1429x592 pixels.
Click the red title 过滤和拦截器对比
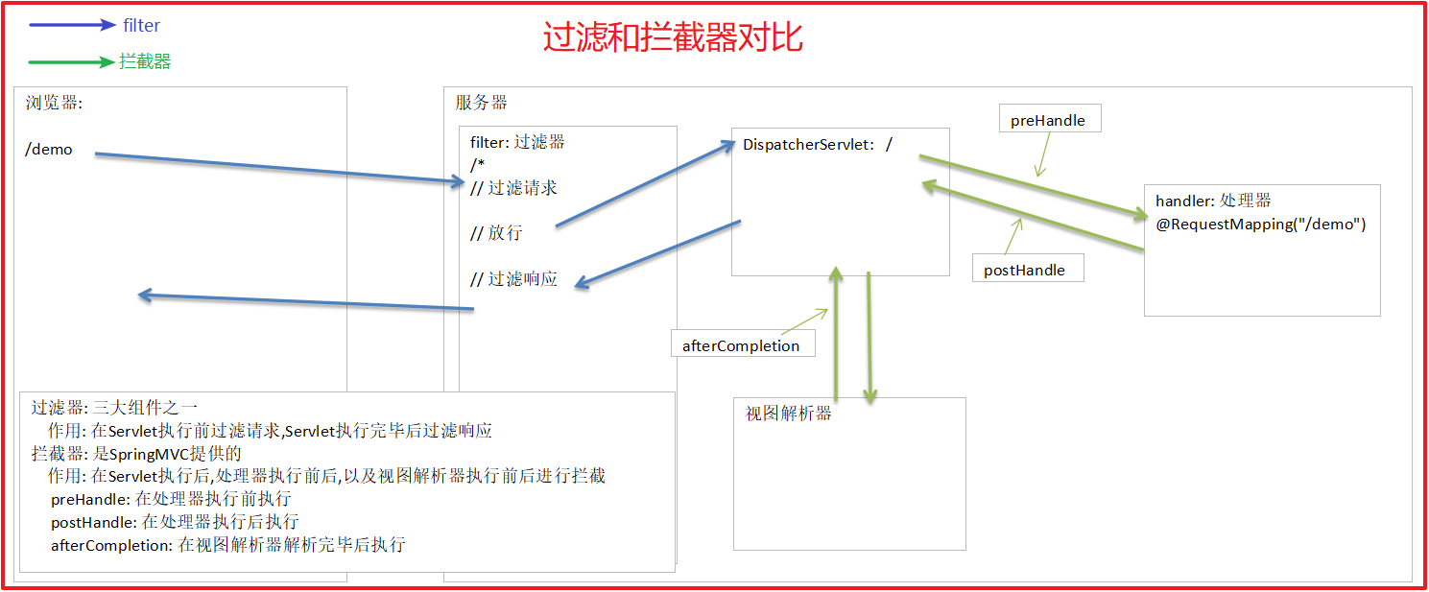[x=673, y=37]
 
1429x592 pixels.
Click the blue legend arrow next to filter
[x=72, y=26]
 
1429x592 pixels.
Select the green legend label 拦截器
[x=145, y=62]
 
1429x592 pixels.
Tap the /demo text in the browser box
[x=49, y=150]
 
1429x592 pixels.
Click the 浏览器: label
[x=55, y=104]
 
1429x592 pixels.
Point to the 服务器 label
[x=481, y=103]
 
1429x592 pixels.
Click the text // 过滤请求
[x=513, y=188]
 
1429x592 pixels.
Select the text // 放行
[x=496, y=233]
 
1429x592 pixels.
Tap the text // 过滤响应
[x=513, y=279]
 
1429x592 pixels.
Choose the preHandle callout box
[x=1048, y=120]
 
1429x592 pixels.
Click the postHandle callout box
[x=1024, y=270]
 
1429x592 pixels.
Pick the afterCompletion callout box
[x=740, y=345]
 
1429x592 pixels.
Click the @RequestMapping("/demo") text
[x=1261, y=224]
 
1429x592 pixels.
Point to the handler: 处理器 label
[x=1213, y=201]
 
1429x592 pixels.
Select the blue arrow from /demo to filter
[x=278, y=167]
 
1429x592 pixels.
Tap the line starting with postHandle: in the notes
[x=175, y=522]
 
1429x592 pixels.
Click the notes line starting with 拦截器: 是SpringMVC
[x=135, y=453]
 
